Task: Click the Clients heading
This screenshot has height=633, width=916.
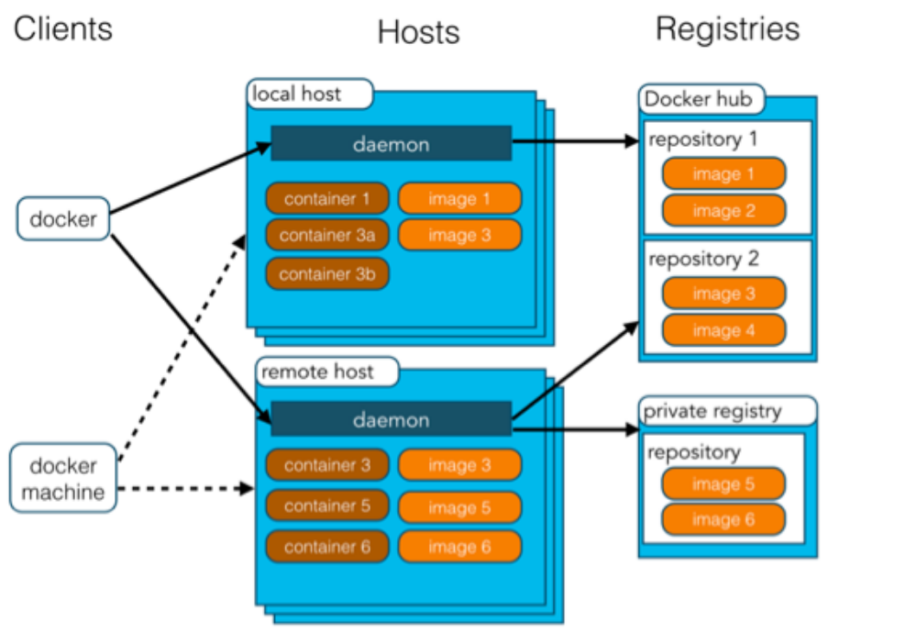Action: point(63,28)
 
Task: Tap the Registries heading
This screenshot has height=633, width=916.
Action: point(727,28)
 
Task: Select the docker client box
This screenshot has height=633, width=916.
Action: point(63,218)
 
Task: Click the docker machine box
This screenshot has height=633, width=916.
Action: point(63,478)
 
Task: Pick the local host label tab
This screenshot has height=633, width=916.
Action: point(310,94)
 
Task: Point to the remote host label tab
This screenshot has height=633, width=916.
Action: point(327,372)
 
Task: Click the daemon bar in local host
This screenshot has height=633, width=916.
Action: point(391,144)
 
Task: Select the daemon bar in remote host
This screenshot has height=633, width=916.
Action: point(391,419)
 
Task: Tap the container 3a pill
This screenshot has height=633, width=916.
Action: point(327,235)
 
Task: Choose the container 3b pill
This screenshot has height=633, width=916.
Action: point(327,273)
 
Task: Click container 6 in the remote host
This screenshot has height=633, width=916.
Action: point(327,547)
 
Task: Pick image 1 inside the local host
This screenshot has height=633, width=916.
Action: point(459,199)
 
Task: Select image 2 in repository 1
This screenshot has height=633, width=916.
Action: point(723,210)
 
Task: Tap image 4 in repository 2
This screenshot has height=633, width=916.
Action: point(723,330)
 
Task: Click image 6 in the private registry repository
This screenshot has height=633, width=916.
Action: point(723,519)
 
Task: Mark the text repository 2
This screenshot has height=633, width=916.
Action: point(703,259)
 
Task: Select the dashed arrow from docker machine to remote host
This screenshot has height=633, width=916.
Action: point(186,489)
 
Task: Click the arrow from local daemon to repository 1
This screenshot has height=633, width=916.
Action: point(576,141)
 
